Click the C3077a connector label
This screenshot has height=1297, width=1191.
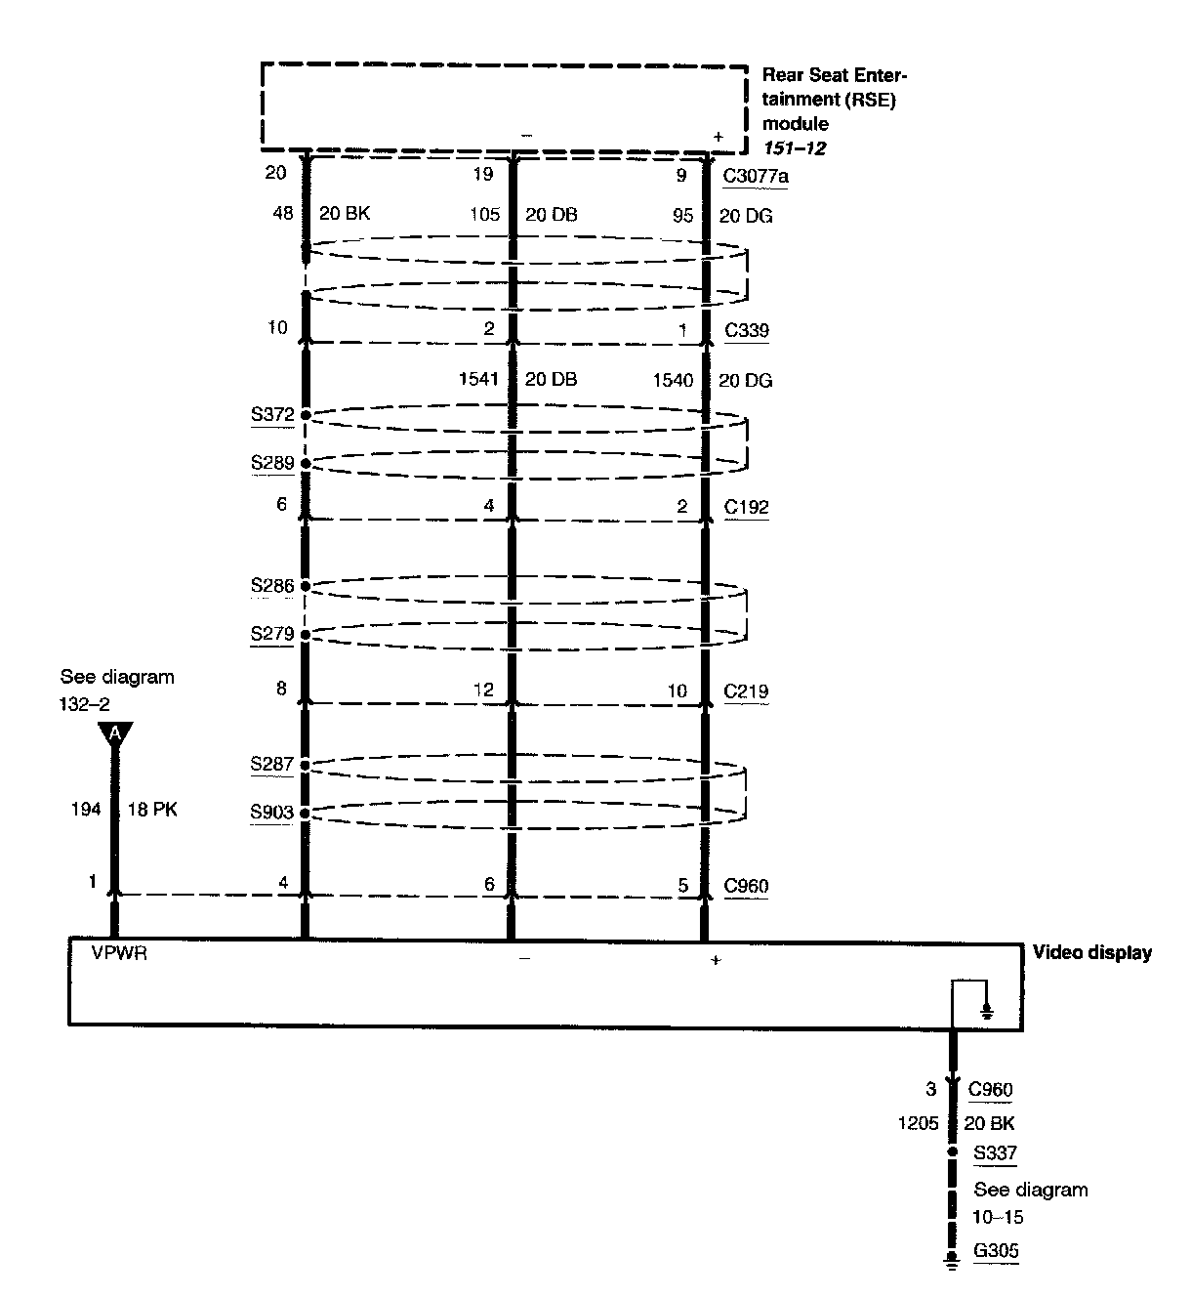click(x=756, y=176)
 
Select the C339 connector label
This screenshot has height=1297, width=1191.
click(x=747, y=330)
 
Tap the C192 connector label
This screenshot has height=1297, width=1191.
click(x=747, y=507)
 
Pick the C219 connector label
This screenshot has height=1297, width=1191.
click(x=747, y=691)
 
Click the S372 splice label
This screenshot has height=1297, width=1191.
click(x=272, y=414)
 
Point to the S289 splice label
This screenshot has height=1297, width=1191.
click(x=272, y=463)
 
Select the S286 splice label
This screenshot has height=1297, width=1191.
click(x=272, y=586)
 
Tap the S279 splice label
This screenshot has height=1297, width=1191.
click(x=272, y=634)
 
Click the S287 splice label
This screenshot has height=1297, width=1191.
click(x=272, y=764)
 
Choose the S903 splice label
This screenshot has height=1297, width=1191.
click(x=272, y=813)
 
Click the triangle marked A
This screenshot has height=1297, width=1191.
click(x=115, y=733)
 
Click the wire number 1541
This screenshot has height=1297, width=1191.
click(x=479, y=380)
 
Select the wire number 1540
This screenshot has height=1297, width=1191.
click(x=673, y=380)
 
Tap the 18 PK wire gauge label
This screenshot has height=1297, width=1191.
click(x=152, y=810)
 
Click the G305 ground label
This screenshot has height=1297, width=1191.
click(x=997, y=1252)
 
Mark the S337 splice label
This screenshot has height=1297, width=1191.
click(x=996, y=1153)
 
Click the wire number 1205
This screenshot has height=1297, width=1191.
click(x=919, y=1123)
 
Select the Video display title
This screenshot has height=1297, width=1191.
click(x=1092, y=952)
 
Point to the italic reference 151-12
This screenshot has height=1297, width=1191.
click(x=795, y=148)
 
